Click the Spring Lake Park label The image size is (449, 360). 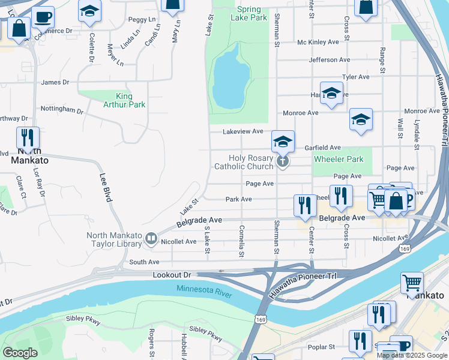coord(249,14)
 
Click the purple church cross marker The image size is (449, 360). coord(283,161)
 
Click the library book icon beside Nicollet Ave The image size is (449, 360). coord(151,241)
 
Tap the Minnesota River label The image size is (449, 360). coord(204,289)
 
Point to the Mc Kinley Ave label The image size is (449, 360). coord(318,42)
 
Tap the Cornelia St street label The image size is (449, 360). coord(241,241)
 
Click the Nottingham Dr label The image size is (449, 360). coord(61,110)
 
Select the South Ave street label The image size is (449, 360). coord(144,262)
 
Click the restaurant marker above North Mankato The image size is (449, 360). coord(28,139)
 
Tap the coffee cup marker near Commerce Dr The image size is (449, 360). coord(43,17)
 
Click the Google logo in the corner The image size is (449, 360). coord(19,353)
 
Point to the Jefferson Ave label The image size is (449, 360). coord(329,60)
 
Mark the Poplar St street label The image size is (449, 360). coord(322,347)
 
